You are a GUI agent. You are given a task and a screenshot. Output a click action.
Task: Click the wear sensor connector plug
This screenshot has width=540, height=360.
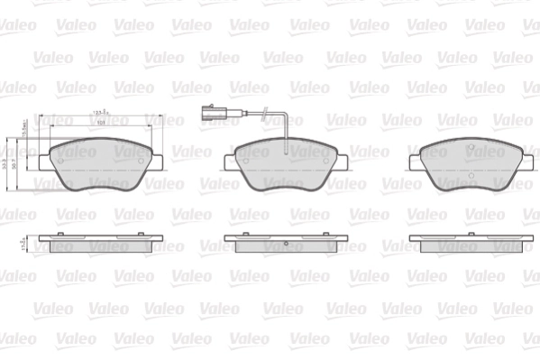click(203, 114)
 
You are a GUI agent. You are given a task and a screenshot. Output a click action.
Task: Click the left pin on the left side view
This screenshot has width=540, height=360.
click(59, 235)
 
